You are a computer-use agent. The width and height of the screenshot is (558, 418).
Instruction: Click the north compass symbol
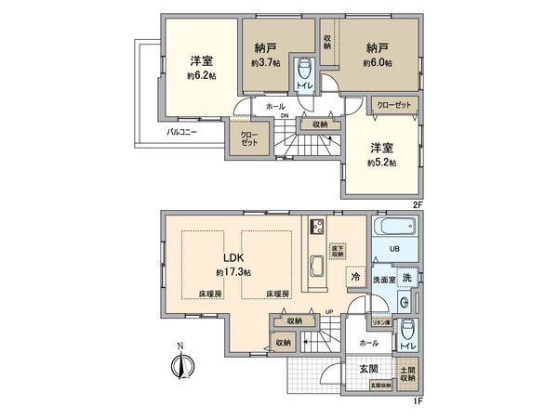pyautogui.click(x=180, y=365)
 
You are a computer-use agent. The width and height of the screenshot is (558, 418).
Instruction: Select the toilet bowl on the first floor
pyautogui.click(x=407, y=332)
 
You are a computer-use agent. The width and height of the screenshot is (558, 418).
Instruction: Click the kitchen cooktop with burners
pyautogui.click(x=316, y=228)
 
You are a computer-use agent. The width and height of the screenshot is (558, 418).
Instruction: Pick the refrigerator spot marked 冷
pyautogui.click(x=355, y=276)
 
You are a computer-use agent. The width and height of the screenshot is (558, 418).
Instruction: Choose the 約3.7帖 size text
pyautogui.click(x=264, y=62)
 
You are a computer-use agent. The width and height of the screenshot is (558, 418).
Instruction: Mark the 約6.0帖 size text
pyautogui.click(x=378, y=62)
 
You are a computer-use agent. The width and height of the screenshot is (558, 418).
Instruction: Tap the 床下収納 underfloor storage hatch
pyautogui.click(x=339, y=249)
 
